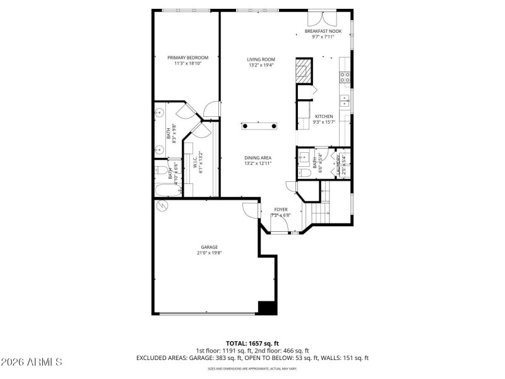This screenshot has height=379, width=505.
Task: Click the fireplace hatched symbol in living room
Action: (304, 71)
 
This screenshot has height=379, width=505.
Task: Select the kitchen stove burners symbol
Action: (345, 77)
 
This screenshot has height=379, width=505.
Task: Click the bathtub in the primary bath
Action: (168, 189)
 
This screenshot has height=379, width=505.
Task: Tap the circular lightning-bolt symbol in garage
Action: (162, 205)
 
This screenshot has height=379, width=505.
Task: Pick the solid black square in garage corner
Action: (268, 307)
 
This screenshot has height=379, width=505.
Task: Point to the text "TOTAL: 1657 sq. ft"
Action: (252, 343)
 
